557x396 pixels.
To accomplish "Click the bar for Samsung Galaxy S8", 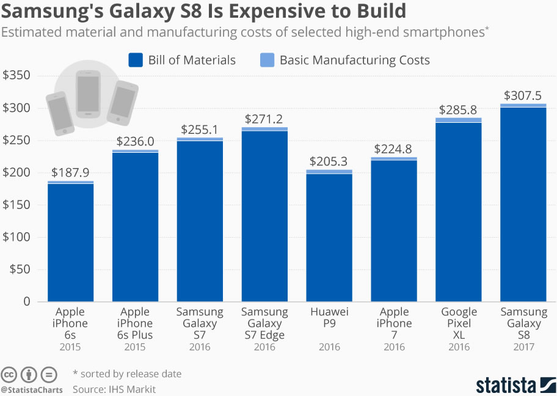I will [x=523, y=205].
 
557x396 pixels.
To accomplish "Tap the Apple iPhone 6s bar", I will [x=71, y=242].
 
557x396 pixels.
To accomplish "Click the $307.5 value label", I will [x=523, y=96].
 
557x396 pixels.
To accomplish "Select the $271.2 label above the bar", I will [x=264, y=119].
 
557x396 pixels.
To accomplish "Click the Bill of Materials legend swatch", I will [x=136, y=60].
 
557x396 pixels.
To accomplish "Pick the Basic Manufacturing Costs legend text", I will [x=354, y=60].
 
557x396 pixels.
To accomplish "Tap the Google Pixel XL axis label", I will [x=459, y=323].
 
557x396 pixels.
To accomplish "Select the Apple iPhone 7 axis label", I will [x=394, y=323].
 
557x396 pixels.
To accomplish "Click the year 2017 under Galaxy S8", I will [x=523, y=347].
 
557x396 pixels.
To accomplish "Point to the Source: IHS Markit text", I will [x=114, y=389].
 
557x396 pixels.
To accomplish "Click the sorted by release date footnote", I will [x=131, y=373].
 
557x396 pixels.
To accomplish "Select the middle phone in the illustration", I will [x=88, y=94].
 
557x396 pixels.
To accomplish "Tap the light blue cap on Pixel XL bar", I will [x=459, y=120].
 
